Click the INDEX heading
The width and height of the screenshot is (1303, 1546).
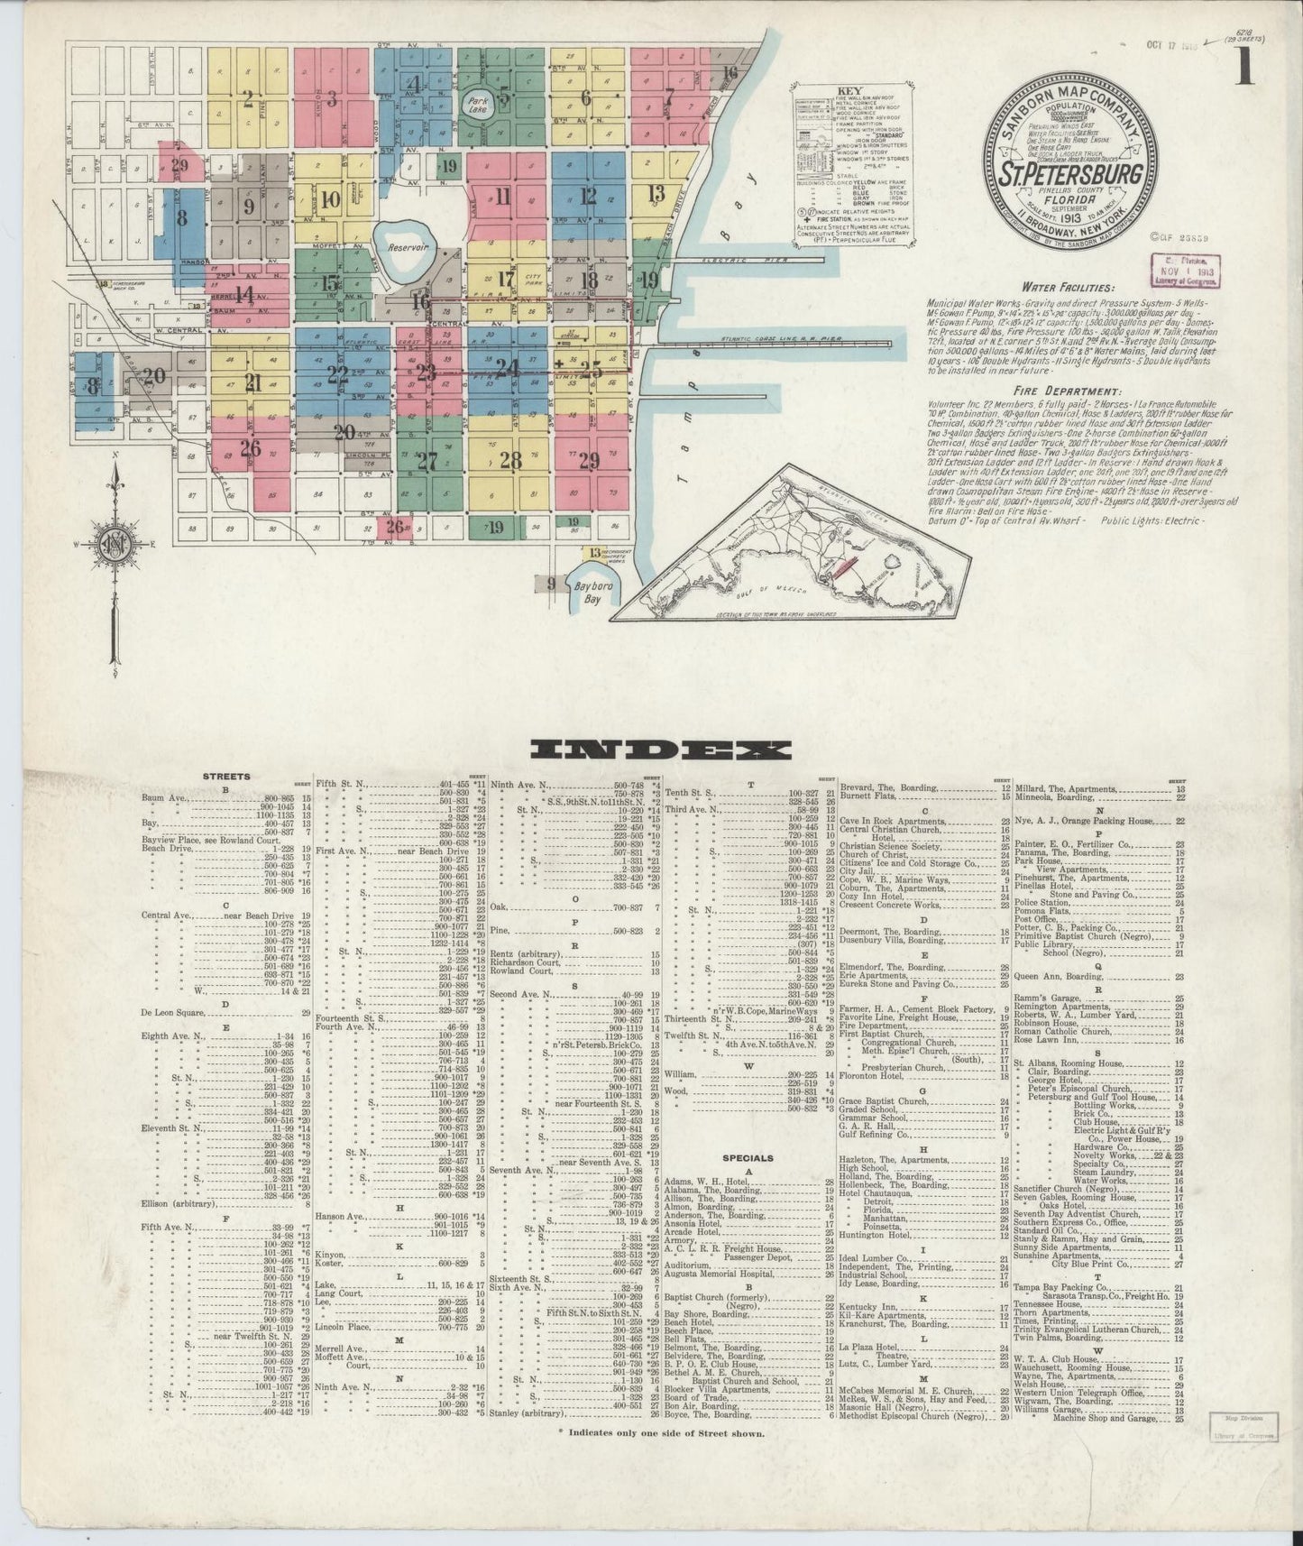point(661,750)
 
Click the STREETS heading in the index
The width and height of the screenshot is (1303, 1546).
point(226,776)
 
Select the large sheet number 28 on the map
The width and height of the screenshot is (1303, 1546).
point(510,461)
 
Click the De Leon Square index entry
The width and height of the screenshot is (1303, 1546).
point(176,1014)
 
